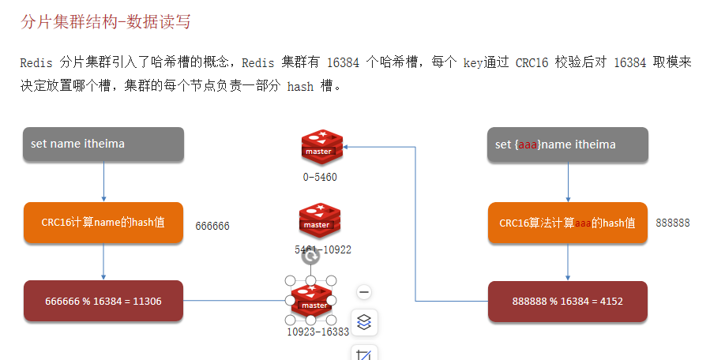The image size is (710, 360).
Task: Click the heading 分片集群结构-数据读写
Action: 105,22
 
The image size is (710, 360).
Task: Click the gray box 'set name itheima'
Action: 103,145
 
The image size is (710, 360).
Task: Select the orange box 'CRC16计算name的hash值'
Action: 103,223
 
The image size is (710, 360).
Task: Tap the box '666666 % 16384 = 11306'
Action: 103,301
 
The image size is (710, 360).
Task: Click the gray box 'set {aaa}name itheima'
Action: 567,145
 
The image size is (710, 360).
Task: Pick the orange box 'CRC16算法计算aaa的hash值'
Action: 567,223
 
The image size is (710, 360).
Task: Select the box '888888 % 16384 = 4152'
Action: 567,302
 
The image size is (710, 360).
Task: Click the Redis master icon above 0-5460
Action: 320,147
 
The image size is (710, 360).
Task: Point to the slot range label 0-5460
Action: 320,178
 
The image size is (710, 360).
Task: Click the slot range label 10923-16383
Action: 317,332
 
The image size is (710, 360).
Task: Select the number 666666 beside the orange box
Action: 212,226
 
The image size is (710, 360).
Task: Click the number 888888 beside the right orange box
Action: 673,223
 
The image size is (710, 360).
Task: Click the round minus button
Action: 364,292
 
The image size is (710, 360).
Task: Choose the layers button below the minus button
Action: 364,322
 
